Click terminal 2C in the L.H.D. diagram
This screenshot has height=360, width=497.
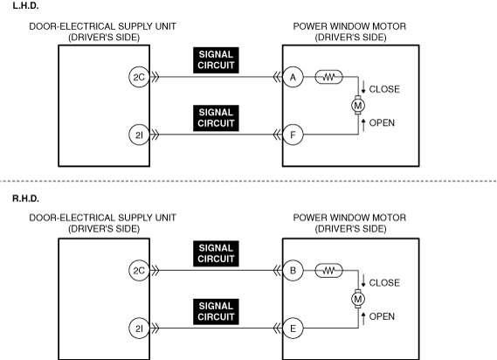(139, 77)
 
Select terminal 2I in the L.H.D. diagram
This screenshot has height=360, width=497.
(139, 135)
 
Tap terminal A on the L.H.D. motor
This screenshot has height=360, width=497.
(293, 77)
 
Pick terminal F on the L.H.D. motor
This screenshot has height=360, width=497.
(293, 135)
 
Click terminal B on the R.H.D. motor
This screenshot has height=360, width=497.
(293, 271)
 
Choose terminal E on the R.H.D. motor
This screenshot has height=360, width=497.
(293, 329)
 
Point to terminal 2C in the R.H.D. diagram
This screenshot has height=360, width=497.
(139, 271)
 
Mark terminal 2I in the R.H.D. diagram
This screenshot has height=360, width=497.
(139, 329)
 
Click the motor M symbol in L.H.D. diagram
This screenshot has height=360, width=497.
(358, 105)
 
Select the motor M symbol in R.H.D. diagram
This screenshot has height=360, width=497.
(358, 299)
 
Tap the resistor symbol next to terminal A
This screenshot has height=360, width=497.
(329, 77)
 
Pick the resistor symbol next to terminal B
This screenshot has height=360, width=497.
(329, 271)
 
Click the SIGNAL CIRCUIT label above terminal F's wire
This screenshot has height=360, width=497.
(216, 118)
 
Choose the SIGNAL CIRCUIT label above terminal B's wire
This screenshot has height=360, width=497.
(216, 253)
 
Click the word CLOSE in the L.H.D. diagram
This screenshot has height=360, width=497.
(384, 89)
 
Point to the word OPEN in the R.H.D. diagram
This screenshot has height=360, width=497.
(382, 316)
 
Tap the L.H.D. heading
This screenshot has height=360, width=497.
(25, 6)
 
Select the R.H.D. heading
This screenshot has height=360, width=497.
(26, 198)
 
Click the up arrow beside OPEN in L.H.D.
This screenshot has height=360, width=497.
(363, 125)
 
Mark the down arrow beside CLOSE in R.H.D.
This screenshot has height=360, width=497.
(363, 280)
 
